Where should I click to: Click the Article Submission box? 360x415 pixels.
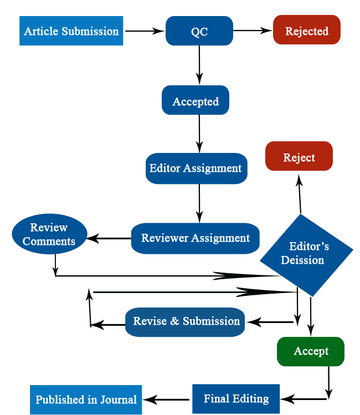coord(71,31)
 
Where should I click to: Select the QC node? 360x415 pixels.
coord(199,31)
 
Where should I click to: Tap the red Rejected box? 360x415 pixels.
coord(306,30)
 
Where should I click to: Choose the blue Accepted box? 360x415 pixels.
coord(196,101)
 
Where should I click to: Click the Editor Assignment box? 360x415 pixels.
coord(196,168)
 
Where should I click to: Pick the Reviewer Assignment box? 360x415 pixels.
coord(196,238)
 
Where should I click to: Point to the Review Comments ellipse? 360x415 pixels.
coord(49,234)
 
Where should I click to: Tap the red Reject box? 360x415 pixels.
coord(299,157)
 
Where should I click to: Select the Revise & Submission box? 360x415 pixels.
coord(185,321)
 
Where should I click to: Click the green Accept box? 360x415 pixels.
coord(311,351)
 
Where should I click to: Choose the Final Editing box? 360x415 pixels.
coord(236,398)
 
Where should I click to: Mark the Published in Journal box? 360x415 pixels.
coord(86,399)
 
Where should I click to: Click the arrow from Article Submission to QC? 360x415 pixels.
coord(145,31)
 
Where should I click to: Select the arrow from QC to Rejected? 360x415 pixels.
coord(253,31)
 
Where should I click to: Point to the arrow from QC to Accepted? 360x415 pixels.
coord(199,65)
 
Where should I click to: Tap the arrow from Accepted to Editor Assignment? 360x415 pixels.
coord(199,134)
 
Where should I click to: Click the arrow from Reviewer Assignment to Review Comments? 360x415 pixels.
coord(109,239)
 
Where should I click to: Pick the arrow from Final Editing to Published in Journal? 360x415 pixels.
coord(167,399)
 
